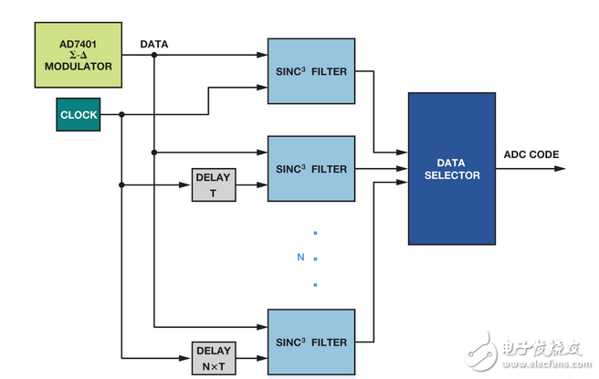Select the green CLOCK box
point(78,115)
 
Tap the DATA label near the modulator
point(154,43)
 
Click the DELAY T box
point(214,185)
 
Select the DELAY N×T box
point(214,357)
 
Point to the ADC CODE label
point(531,154)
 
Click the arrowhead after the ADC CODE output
point(561,169)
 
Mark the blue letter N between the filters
point(300,258)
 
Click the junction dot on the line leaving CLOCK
point(121,115)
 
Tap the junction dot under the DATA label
point(154,55)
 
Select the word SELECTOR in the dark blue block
point(452,175)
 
